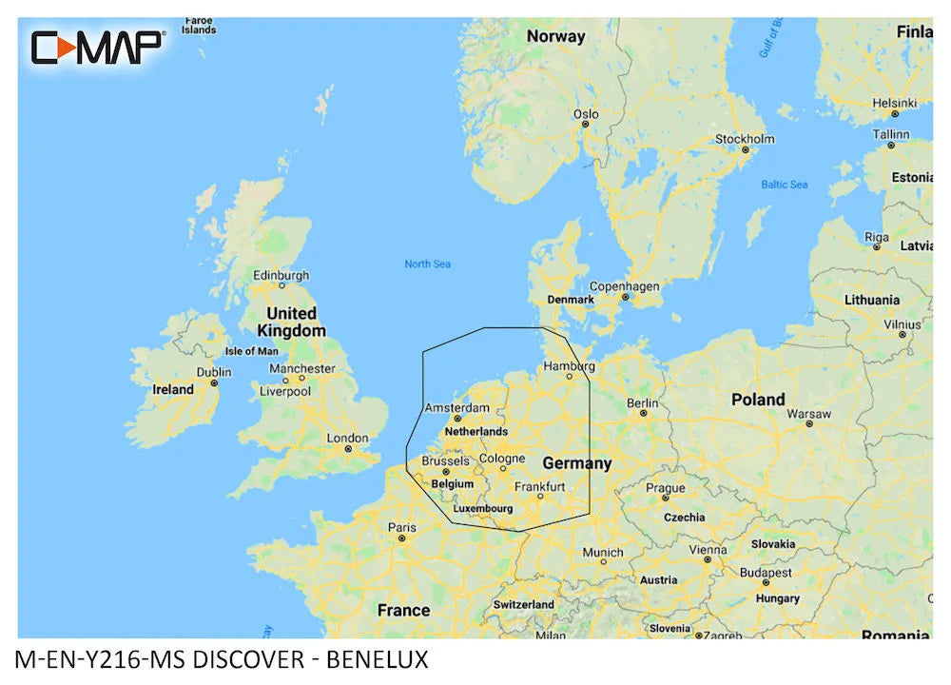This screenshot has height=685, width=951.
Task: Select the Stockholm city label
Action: click(745, 139)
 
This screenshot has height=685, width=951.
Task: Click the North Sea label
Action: click(427, 264)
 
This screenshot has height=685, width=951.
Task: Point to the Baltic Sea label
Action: click(784, 184)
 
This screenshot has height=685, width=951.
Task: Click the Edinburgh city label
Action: click(281, 276)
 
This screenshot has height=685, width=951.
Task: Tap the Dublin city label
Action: click(214, 372)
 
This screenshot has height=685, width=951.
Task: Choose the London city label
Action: click(347, 438)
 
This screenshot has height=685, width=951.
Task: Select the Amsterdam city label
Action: click(457, 407)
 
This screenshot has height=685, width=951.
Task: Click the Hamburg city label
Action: click(569, 365)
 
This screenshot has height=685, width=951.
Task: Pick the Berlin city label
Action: click(643, 403)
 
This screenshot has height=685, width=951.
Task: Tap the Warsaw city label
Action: click(809, 414)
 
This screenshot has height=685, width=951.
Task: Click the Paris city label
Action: click(401, 527)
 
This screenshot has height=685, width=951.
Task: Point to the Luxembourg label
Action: click(483, 508)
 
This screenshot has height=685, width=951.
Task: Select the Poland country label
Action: click(758, 400)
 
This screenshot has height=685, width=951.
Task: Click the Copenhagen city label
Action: click(624, 285)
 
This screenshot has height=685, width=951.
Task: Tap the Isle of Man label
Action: click(251, 351)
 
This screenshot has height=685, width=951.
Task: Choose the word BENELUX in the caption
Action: click(378, 658)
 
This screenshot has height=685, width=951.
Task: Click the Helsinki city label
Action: click(894, 103)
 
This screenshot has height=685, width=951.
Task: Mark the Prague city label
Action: click(666, 489)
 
